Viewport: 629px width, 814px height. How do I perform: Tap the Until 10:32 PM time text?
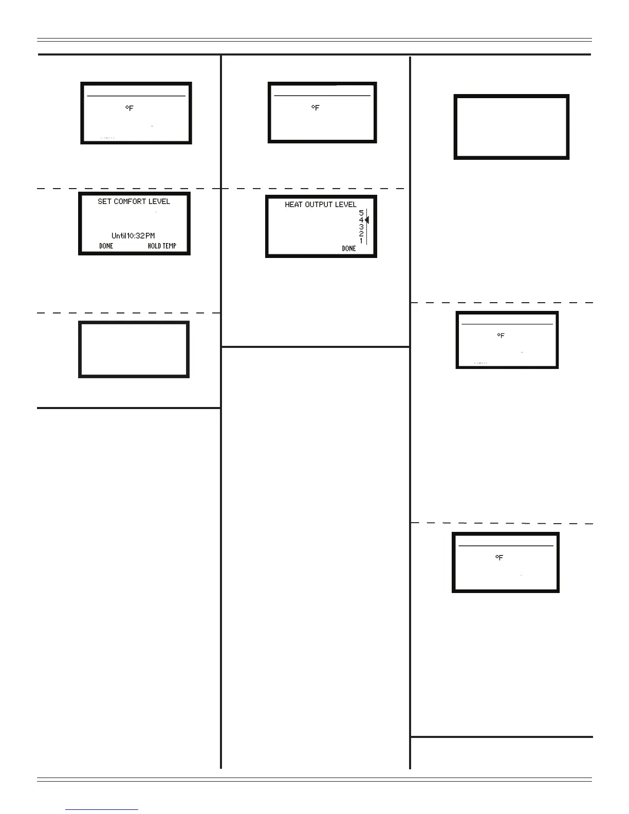pos(133,236)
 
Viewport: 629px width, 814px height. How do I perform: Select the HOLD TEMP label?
pos(162,246)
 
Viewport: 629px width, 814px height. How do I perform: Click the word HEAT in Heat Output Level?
pos(294,205)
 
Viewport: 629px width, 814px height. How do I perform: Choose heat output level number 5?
pos(361,213)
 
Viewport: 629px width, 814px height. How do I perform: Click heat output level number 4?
pos(361,220)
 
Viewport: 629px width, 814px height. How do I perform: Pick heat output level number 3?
pos(361,227)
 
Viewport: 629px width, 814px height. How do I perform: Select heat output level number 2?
pos(361,234)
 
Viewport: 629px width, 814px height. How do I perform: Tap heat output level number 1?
pos(361,240)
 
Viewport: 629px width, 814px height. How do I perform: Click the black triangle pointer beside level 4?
pos(367,220)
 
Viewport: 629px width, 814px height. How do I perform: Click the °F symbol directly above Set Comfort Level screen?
pos(129,108)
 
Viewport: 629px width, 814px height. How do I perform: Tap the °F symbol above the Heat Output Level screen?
pos(316,108)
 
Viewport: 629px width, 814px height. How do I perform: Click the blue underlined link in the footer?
pos(102,810)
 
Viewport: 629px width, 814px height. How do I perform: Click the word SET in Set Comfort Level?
pos(104,201)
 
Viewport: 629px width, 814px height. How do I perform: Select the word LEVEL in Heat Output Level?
pos(346,205)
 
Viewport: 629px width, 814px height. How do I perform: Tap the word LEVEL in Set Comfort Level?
pos(159,201)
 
